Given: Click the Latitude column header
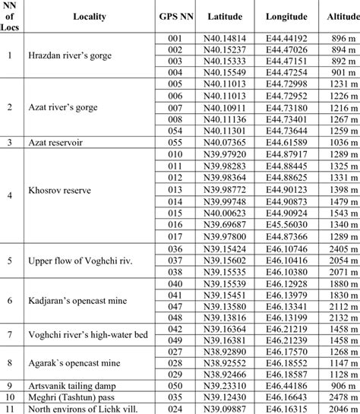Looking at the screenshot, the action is coord(226,16).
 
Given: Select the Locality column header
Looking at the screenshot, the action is coord(89,16).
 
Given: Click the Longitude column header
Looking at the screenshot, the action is coord(286,16).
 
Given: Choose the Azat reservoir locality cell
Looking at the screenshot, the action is coord(56,141).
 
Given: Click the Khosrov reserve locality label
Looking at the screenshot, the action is coord(61,194).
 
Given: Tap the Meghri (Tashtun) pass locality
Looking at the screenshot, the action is coord(72,397).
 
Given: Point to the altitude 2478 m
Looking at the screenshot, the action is coord(340,397).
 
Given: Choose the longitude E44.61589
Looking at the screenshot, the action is coord(286,141).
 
